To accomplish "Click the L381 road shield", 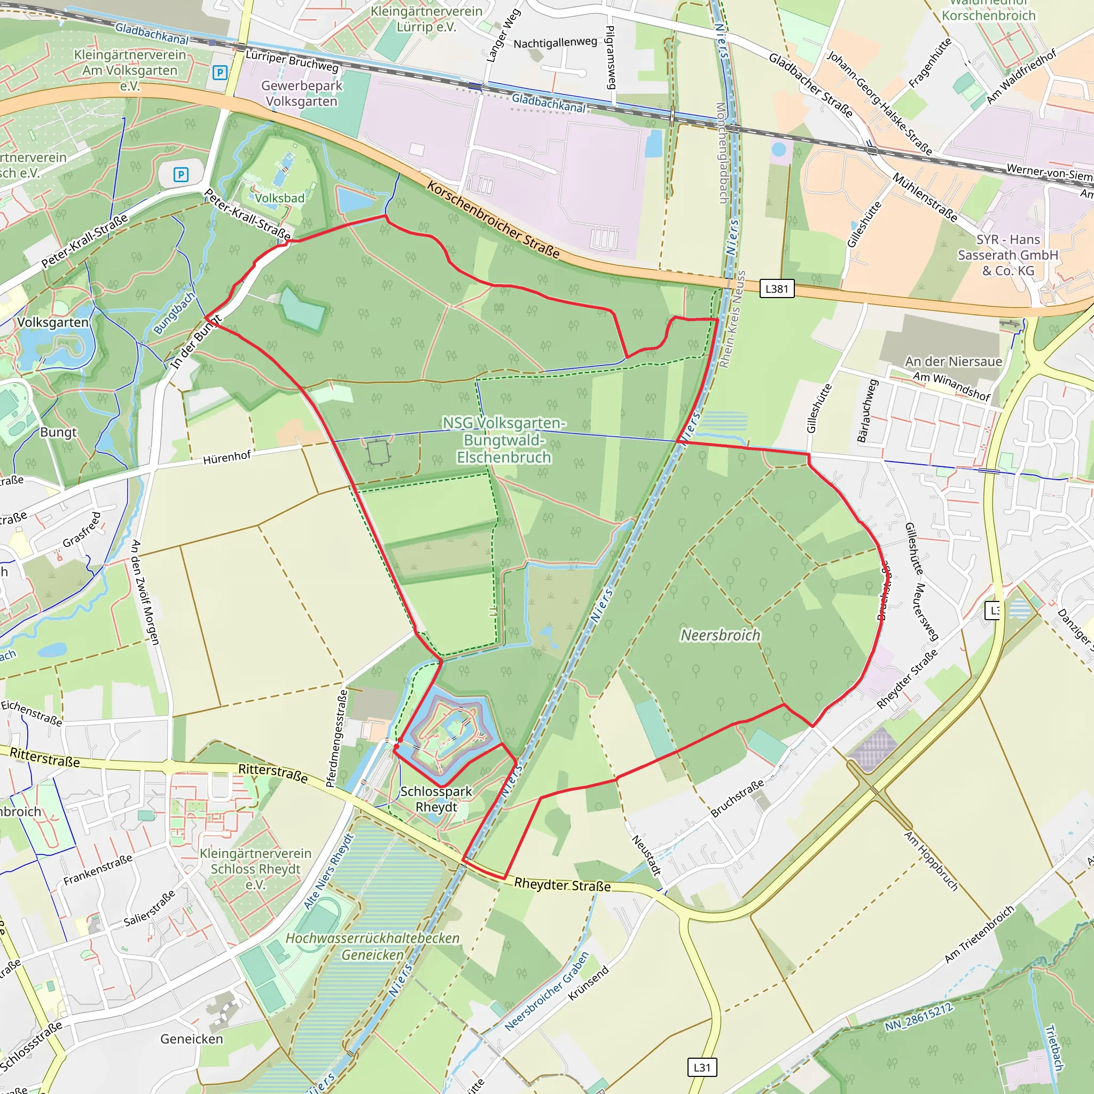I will pos(776,289).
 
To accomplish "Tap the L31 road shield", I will pos(701,1067).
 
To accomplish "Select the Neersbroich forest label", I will pos(720,635).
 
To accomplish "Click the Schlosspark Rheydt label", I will pos(436,799).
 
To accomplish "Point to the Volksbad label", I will pos(280,198).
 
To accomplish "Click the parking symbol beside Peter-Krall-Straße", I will pos(181,174).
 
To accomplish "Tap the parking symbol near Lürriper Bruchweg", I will pos(220,73).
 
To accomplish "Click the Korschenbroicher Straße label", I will pos(493,220).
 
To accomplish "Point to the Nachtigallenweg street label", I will pos(555,43).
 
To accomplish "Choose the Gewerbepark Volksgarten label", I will pos(302,93).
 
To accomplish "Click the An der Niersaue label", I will pos(954,361).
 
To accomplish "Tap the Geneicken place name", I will pos(191,1038).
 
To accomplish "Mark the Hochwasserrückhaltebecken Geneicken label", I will pos(373,946).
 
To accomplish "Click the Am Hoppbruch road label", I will pos(931,861).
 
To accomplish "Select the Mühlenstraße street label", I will pos(925,198).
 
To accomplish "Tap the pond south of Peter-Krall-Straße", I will pos(303,309).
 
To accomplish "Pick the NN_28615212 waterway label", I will pos(919,1017).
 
